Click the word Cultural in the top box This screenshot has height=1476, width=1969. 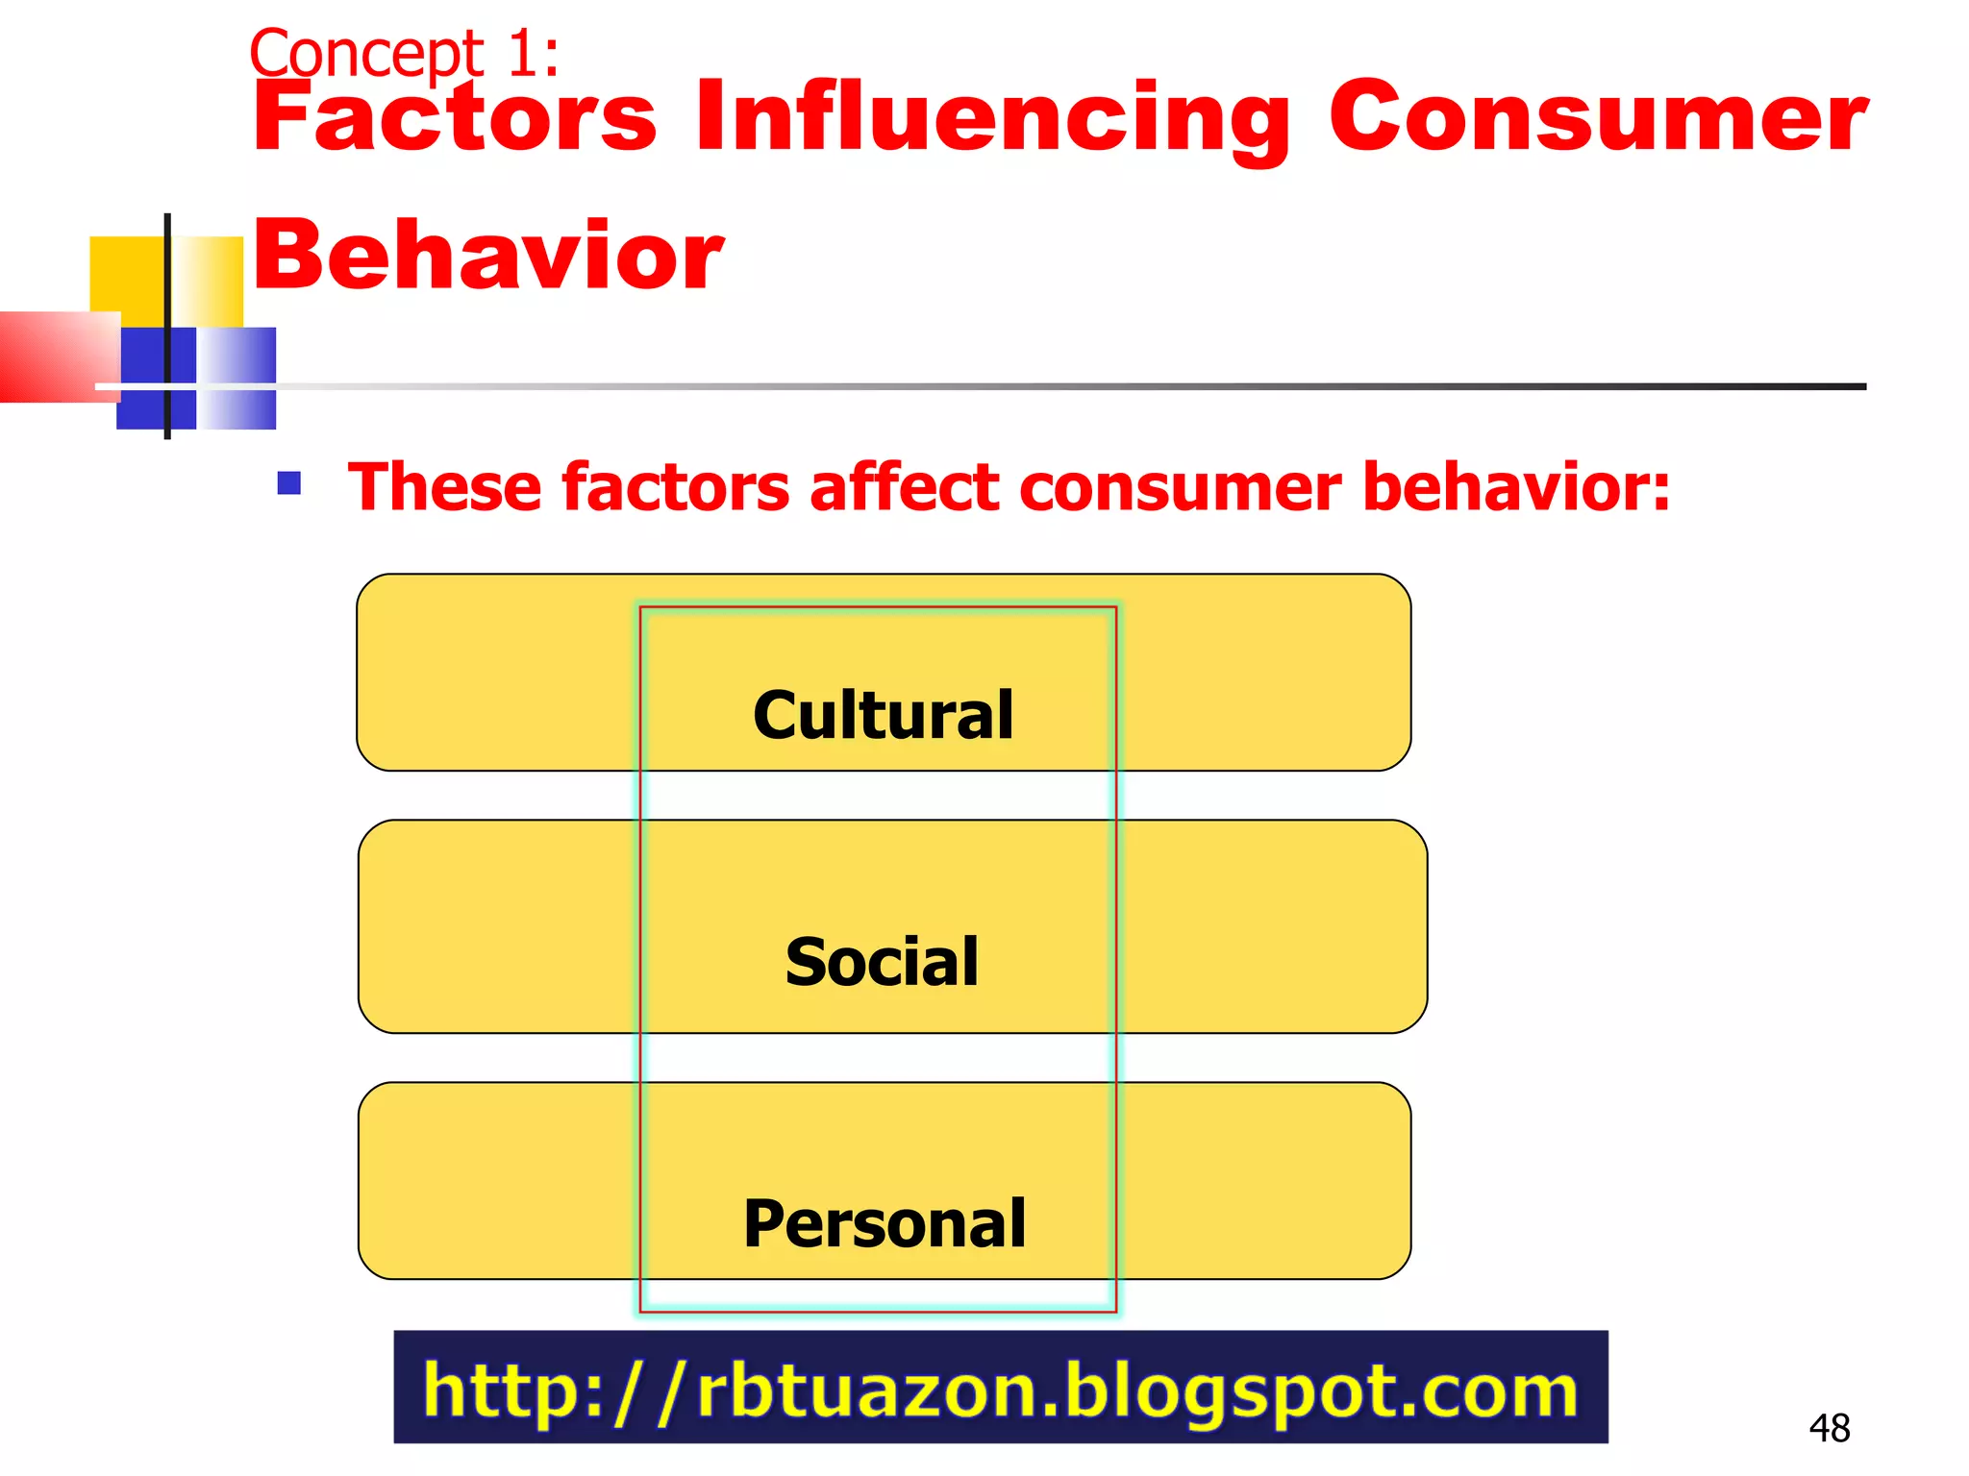pyautogui.click(x=883, y=715)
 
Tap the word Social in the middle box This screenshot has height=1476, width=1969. pyautogui.click(x=882, y=962)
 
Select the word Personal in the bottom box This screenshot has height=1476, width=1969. pyautogui.click(x=885, y=1224)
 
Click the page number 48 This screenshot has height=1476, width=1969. pyautogui.click(x=1829, y=1428)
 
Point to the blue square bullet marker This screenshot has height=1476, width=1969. pyautogui.click(x=289, y=482)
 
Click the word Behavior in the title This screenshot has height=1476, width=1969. pyautogui.click(x=487, y=255)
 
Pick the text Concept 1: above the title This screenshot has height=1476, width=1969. pyautogui.click(x=404, y=54)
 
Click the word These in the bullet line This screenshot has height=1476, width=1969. pyautogui.click(x=443, y=487)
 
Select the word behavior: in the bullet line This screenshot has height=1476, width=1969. pyautogui.click(x=1516, y=487)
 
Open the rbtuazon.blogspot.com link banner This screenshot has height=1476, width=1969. pyautogui.click(x=1000, y=1388)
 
